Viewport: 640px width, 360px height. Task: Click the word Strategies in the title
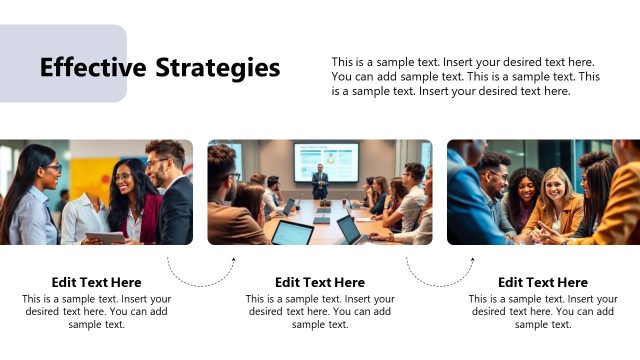(218, 68)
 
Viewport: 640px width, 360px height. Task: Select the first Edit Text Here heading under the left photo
(96, 282)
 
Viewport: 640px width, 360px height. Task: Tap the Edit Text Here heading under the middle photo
(320, 282)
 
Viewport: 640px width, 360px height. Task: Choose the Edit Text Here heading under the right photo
(543, 282)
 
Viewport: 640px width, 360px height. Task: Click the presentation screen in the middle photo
(326, 161)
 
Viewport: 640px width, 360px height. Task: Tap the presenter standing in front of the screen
(320, 182)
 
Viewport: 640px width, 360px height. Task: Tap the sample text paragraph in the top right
(466, 76)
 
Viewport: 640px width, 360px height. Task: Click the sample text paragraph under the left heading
(96, 311)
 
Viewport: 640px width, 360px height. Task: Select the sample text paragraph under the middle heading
(320, 311)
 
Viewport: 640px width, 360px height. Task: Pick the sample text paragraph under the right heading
(543, 311)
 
